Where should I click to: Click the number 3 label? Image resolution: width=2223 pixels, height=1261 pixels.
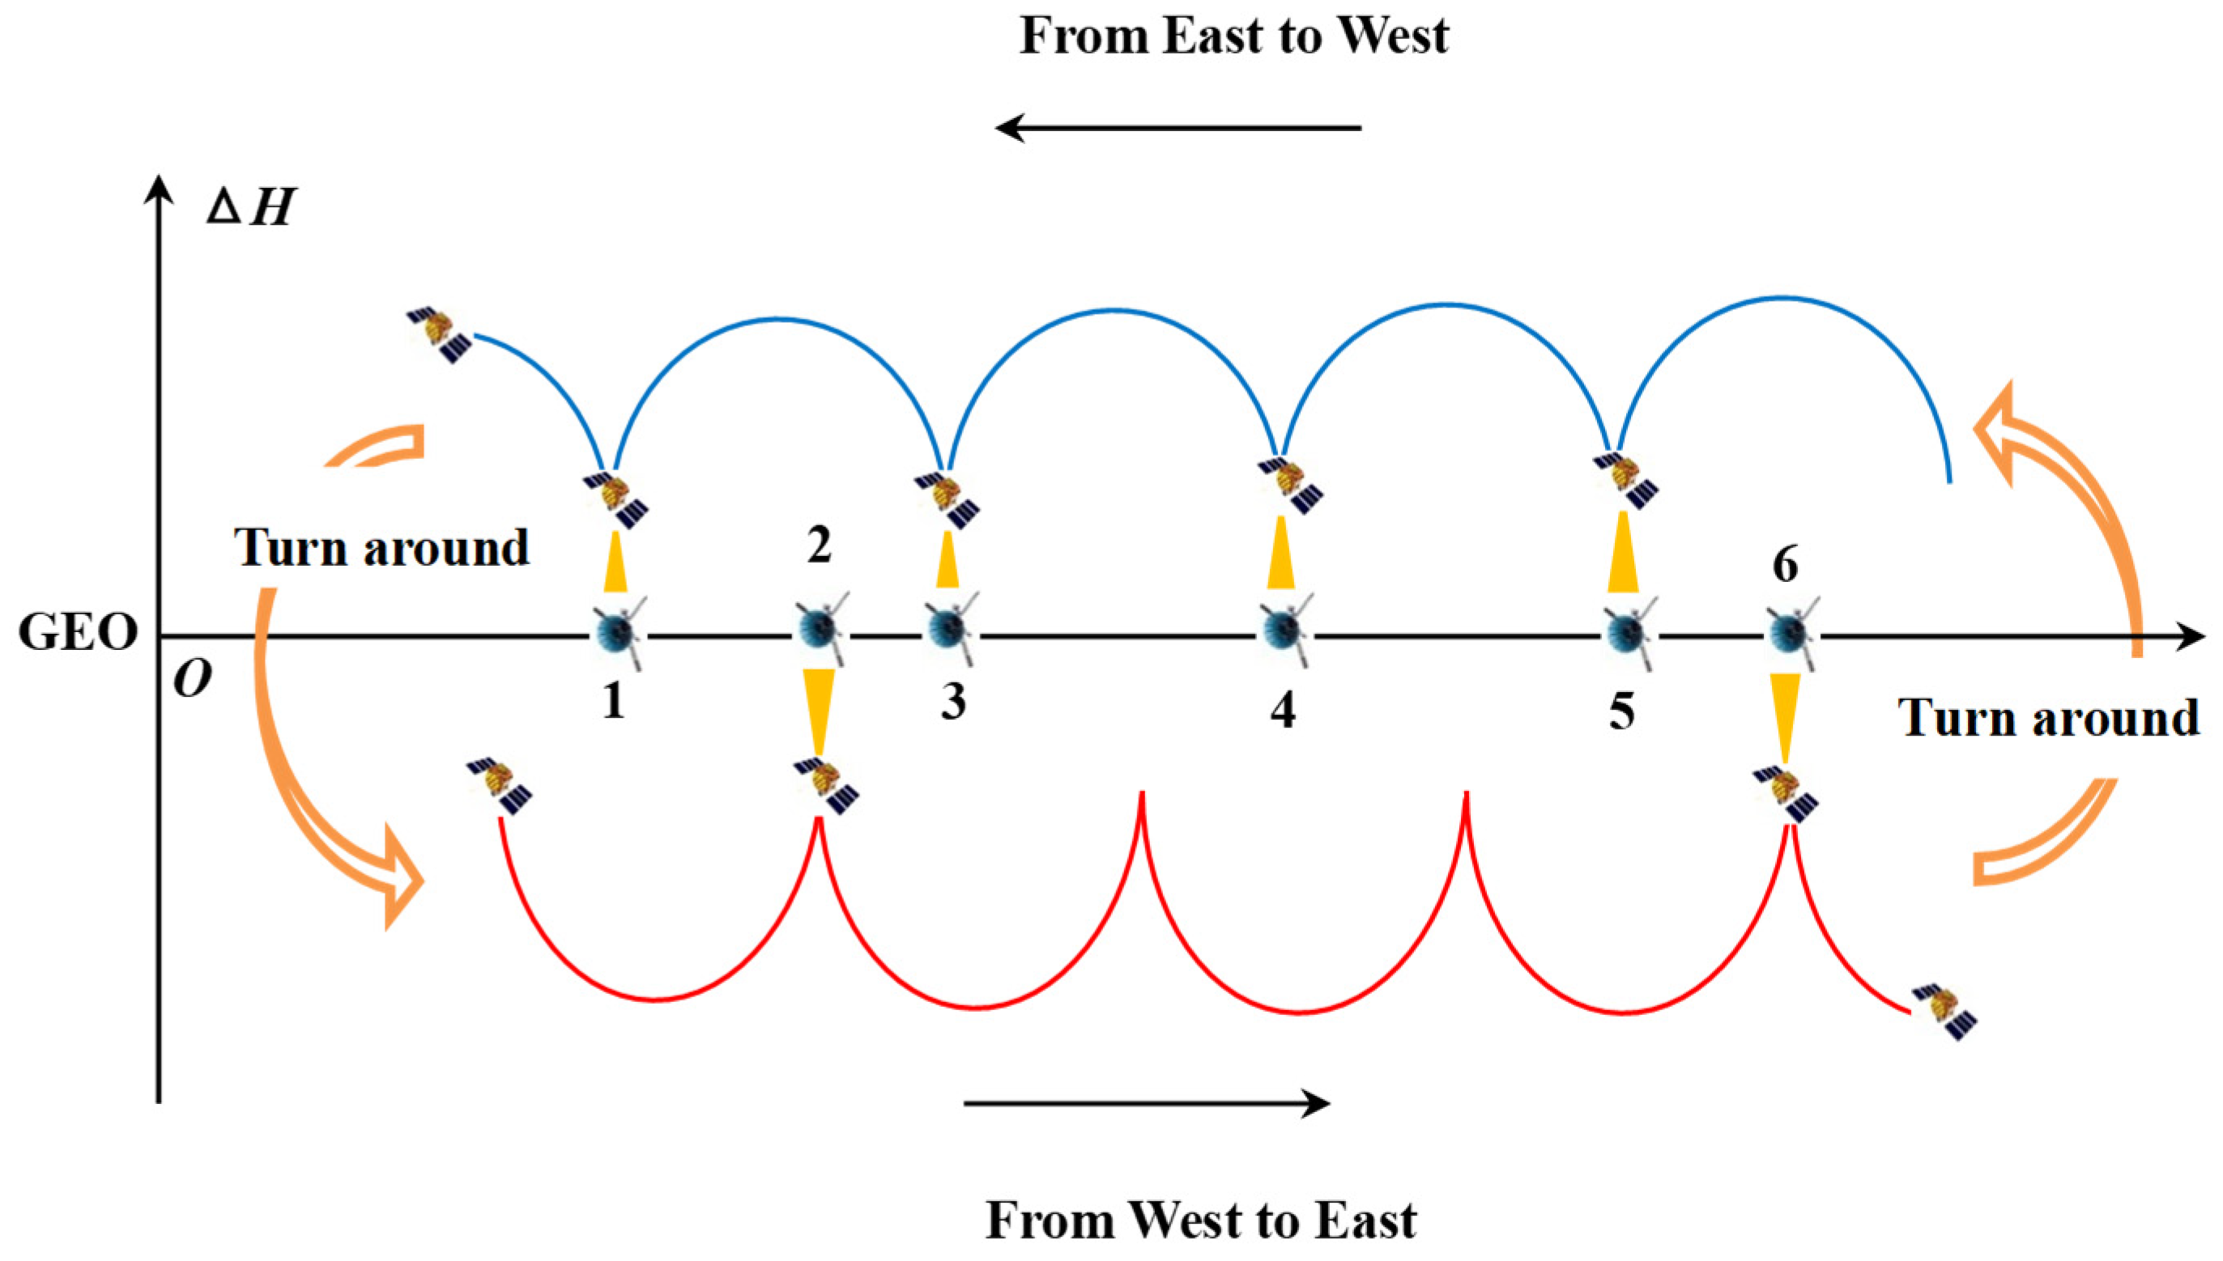(954, 702)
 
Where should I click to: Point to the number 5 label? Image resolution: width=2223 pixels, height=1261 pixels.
(1622, 712)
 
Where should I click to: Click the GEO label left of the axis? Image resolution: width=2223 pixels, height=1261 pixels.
(78, 633)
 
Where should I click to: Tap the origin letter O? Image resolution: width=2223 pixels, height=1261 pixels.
(192, 681)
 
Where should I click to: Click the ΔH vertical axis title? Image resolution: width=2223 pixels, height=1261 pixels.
(251, 209)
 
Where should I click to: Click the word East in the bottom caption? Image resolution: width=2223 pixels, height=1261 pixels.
(1365, 1221)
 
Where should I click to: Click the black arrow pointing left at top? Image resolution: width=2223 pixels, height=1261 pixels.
(1178, 128)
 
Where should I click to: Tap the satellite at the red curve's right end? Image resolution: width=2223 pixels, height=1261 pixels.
(1946, 1010)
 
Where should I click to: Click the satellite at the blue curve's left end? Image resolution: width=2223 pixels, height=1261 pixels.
(440, 334)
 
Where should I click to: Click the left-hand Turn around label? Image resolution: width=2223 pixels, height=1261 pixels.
(382, 547)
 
